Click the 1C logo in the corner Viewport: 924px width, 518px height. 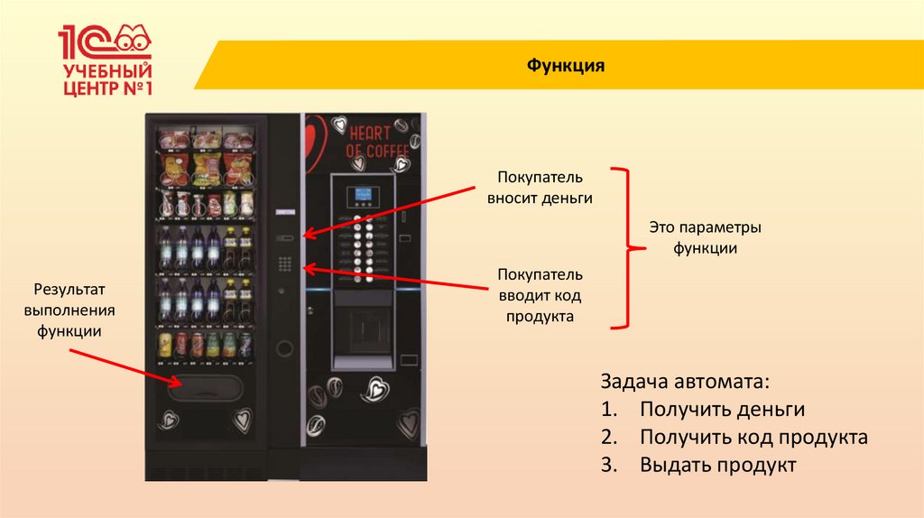point(105,41)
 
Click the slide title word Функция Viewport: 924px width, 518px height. point(565,66)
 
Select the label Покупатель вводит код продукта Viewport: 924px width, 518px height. point(540,295)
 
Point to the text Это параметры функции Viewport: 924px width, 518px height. point(706,236)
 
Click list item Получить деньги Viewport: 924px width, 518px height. point(722,409)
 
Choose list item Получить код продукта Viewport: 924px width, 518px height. point(753,438)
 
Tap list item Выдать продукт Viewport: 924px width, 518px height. point(718,466)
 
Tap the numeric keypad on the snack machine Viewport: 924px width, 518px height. point(286,264)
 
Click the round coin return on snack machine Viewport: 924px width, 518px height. point(285,347)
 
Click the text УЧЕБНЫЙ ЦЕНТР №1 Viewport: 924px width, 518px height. point(106,79)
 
